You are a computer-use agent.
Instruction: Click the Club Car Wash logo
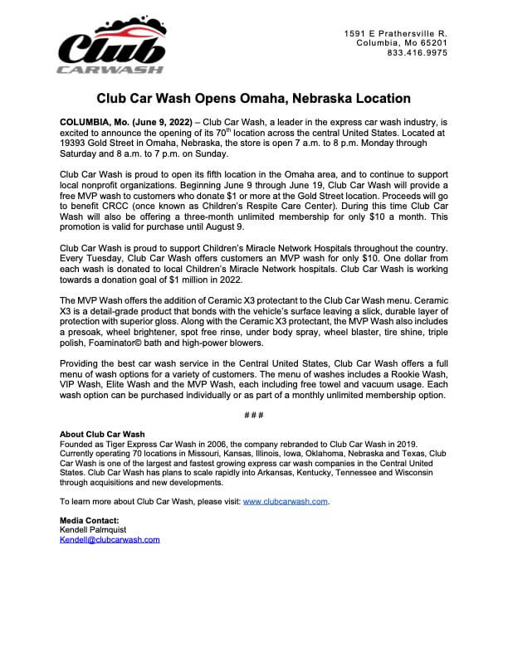[111, 47]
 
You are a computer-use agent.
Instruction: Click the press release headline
[253, 98]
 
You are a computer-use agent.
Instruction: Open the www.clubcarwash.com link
[286, 502]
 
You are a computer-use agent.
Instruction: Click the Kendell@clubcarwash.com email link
[110, 539]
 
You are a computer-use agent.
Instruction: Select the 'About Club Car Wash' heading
[102, 434]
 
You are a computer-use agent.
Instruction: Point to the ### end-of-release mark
[254, 415]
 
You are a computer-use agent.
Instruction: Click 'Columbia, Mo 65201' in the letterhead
[402, 42]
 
